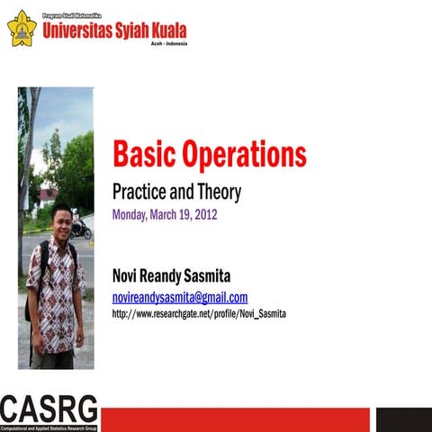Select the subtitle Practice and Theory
click(x=176, y=192)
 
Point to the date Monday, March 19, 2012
click(x=165, y=215)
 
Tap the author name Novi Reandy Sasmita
click(x=171, y=275)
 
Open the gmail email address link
click(x=179, y=297)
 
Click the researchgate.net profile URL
click(x=199, y=314)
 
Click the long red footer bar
click(x=235, y=418)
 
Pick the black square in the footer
click(x=402, y=418)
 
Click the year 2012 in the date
click(x=204, y=215)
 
